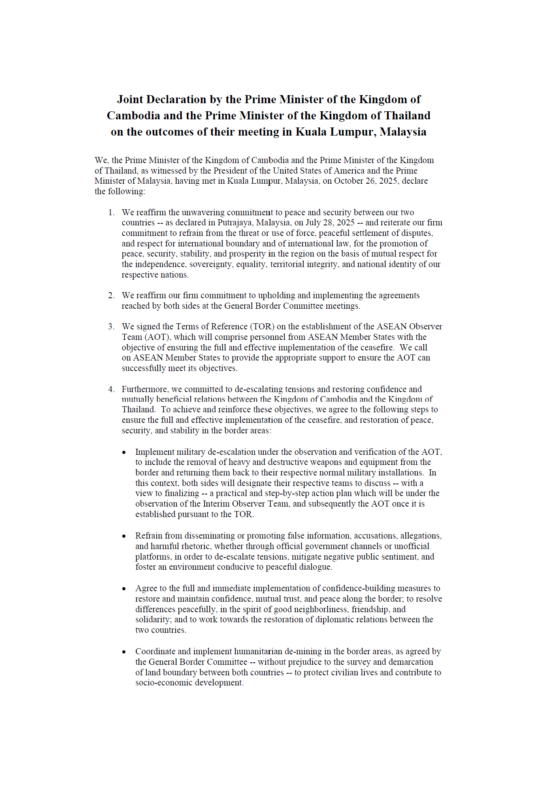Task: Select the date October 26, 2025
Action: coord(366,181)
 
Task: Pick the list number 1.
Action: coord(111,212)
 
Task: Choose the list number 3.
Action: coord(111,327)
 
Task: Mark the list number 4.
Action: coord(111,389)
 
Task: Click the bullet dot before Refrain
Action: coord(124,537)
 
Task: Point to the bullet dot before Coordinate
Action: coord(124,652)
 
